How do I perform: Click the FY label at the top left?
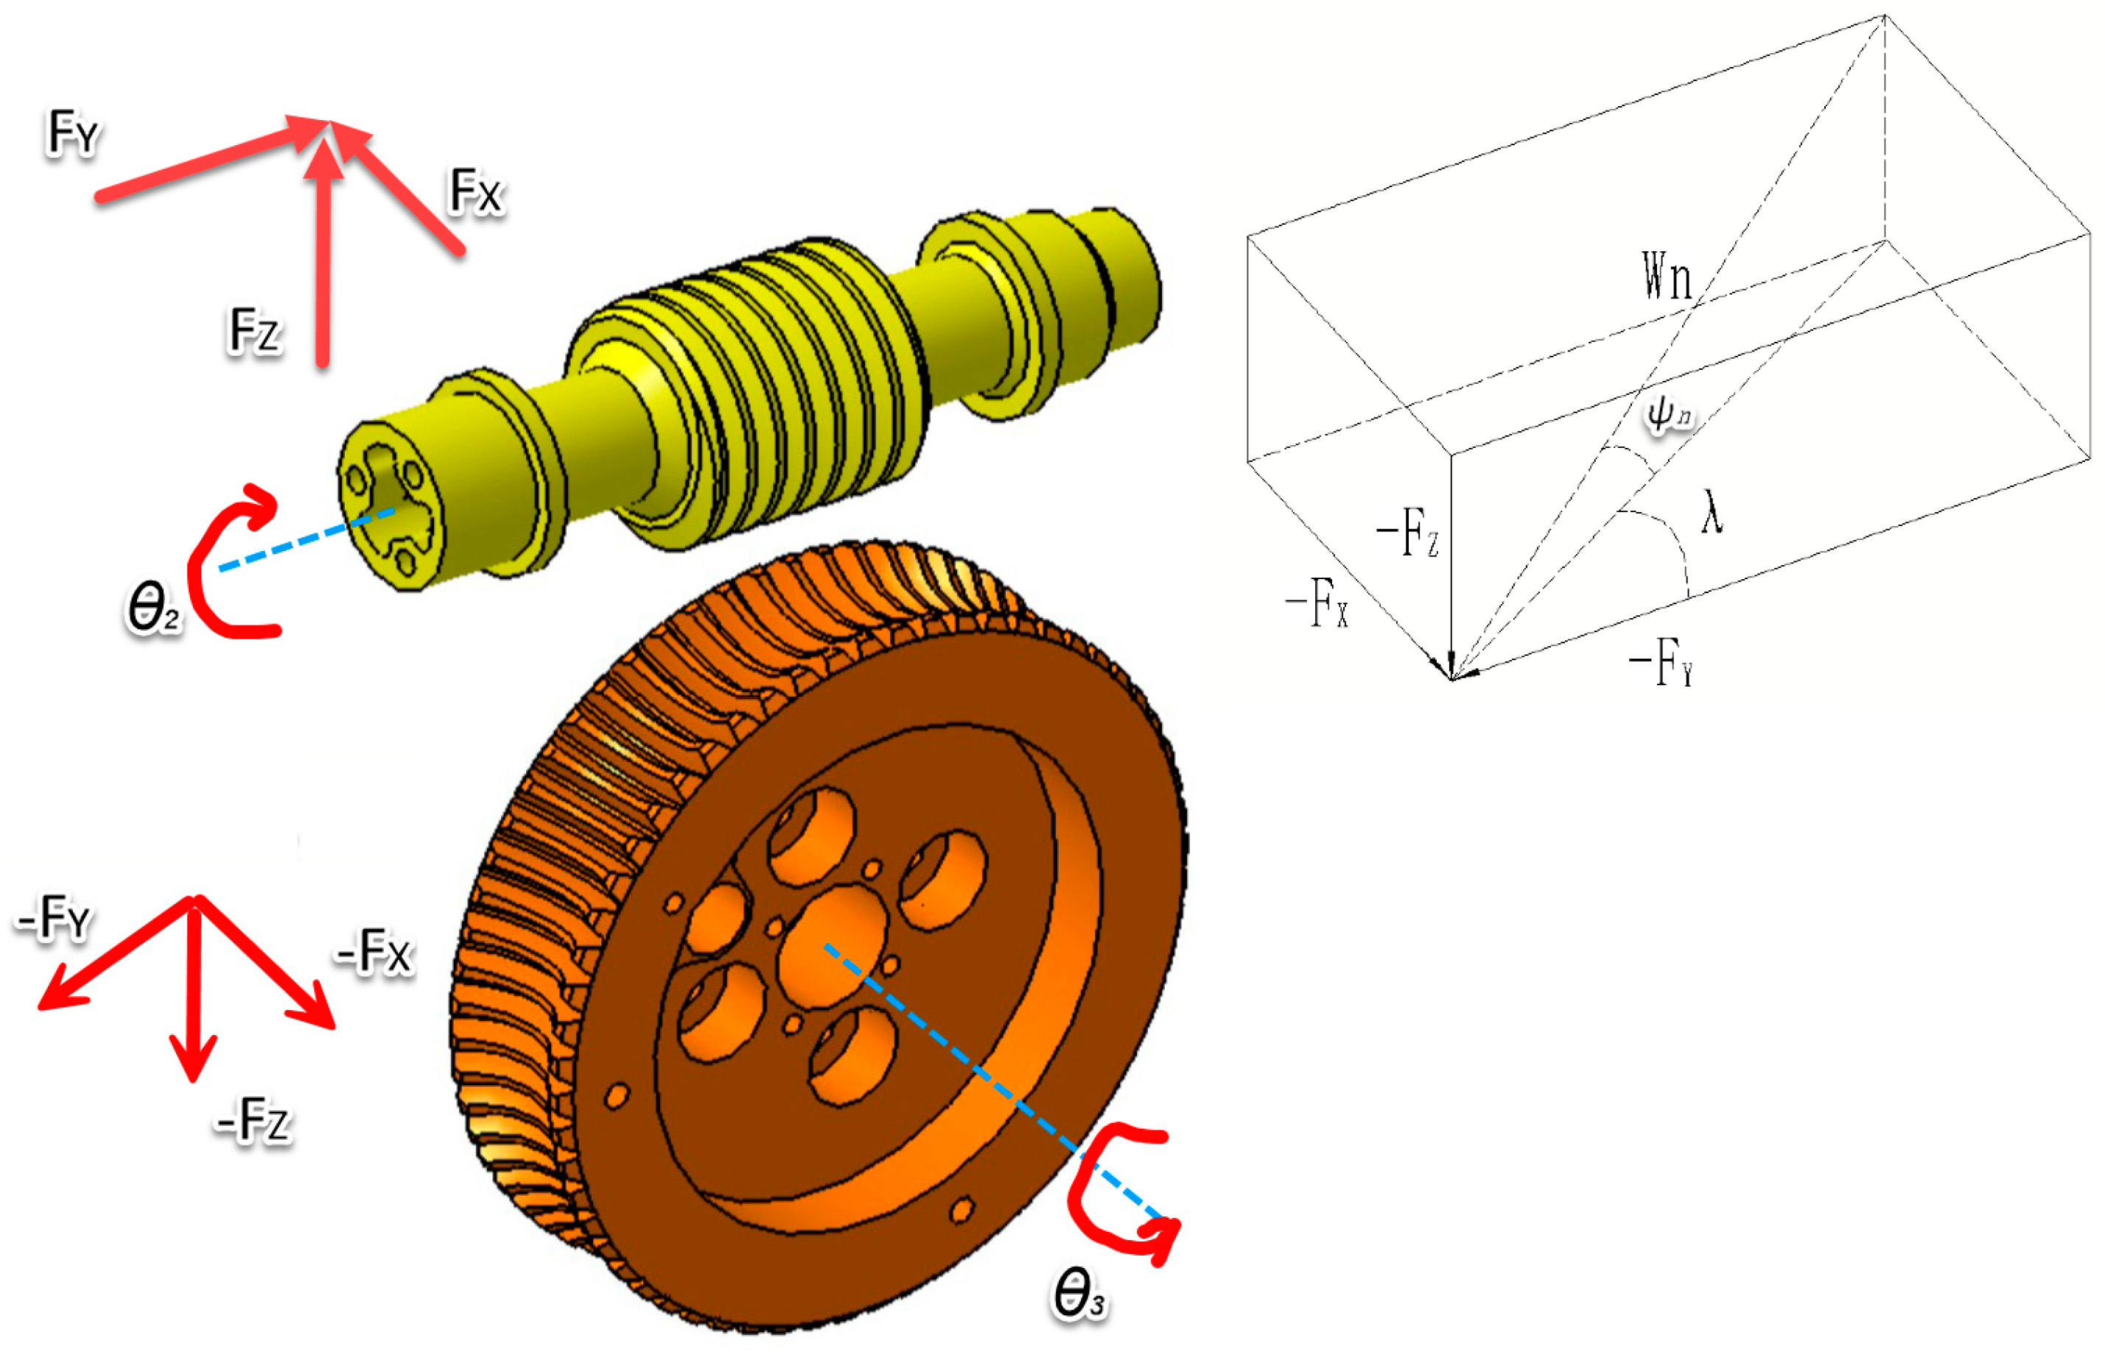[x=74, y=133]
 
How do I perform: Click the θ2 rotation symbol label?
[x=153, y=608]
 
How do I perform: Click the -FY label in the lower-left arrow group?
[x=55, y=917]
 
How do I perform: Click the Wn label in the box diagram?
[x=1666, y=276]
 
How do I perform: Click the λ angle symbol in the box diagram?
[x=1712, y=513]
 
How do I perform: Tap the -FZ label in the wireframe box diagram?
[x=1407, y=532]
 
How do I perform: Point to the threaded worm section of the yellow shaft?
[x=755, y=386]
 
